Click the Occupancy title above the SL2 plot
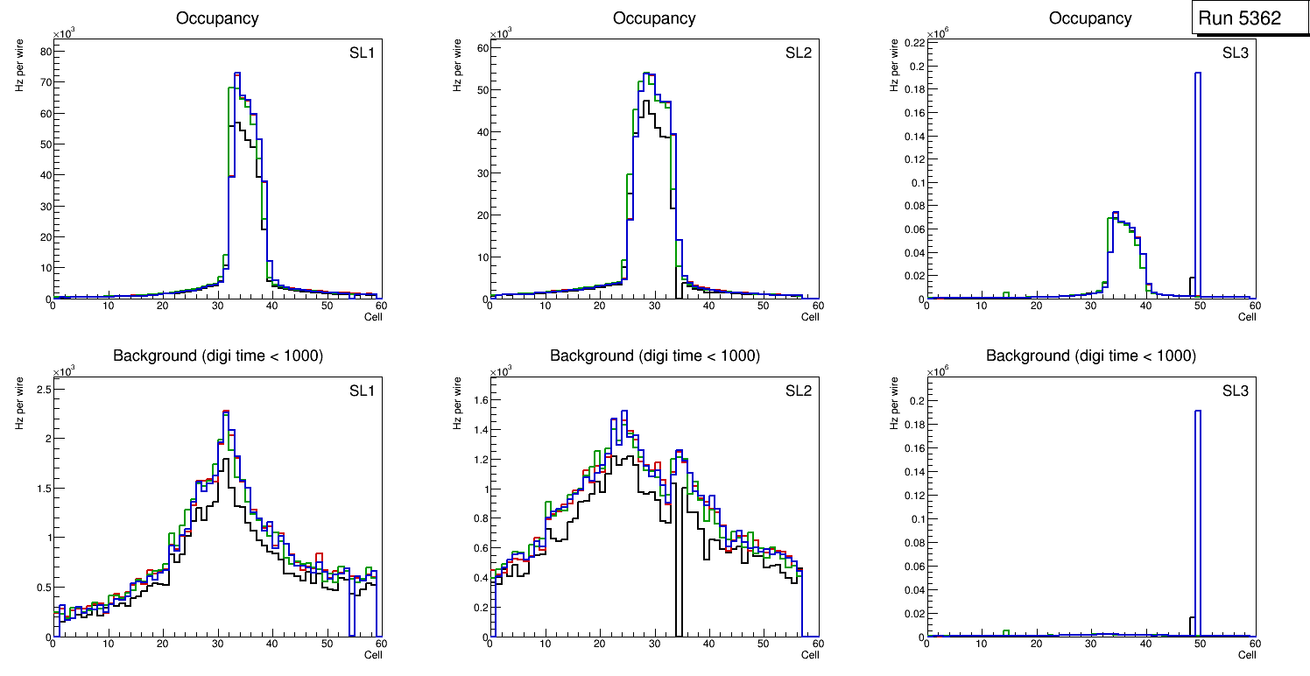pyautogui.click(x=654, y=18)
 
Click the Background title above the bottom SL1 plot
pyautogui.click(x=218, y=356)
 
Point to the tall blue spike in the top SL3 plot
pyautogui.click(x=1197, y=175)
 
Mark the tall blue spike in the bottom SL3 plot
pyautogui.click(x=1197, y=508)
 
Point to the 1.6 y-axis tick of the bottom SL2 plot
pyautogui.click(x=478, y=399)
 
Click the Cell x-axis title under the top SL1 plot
pyautogui.click(x=373, y=317)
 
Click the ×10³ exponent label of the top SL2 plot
pyautogui.click(x=501, y=34)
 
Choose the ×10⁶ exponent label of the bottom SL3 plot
pyautogui.click(x=938, y=370)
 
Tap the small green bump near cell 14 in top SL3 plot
pyautogui.click(x=1006, y=294)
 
